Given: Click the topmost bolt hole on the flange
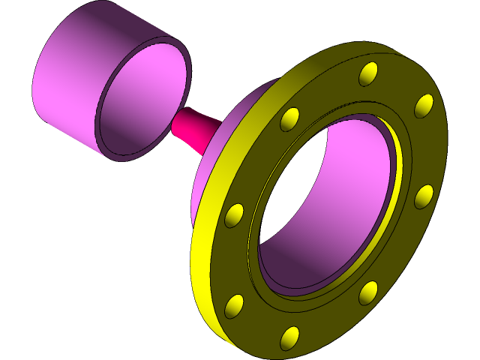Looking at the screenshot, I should [x=368, y=73].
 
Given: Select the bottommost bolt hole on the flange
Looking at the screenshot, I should [x=289, y=337].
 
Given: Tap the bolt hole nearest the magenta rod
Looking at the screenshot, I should [x=289, y=119].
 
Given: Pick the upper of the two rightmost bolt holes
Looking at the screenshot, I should [x=424, y=105].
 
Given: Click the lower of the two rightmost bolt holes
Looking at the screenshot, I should [x=424, y=196].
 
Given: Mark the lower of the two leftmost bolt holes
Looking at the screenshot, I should [x=234, y=305].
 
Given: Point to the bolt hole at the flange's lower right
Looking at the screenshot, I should [x=368, y=292].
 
